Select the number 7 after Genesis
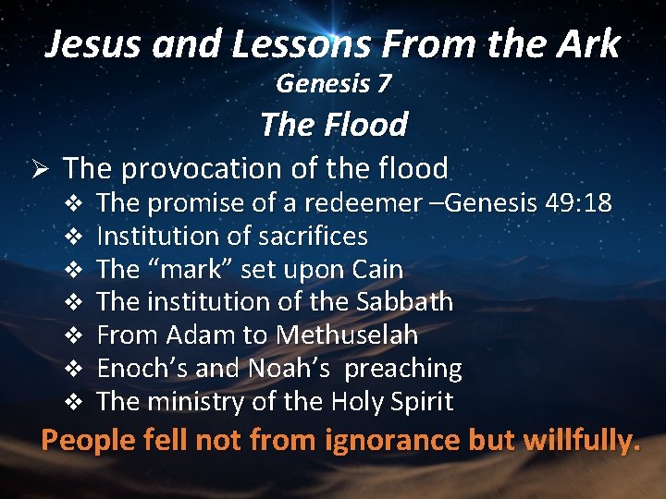click(x=383, y=83)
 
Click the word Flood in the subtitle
click(x=367, y=124)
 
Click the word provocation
click(x=205, y=169)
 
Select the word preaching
click(x=405, y=369)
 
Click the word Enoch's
click(x=144, y=369)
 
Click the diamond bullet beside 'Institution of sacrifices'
click(x=78, y=237)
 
